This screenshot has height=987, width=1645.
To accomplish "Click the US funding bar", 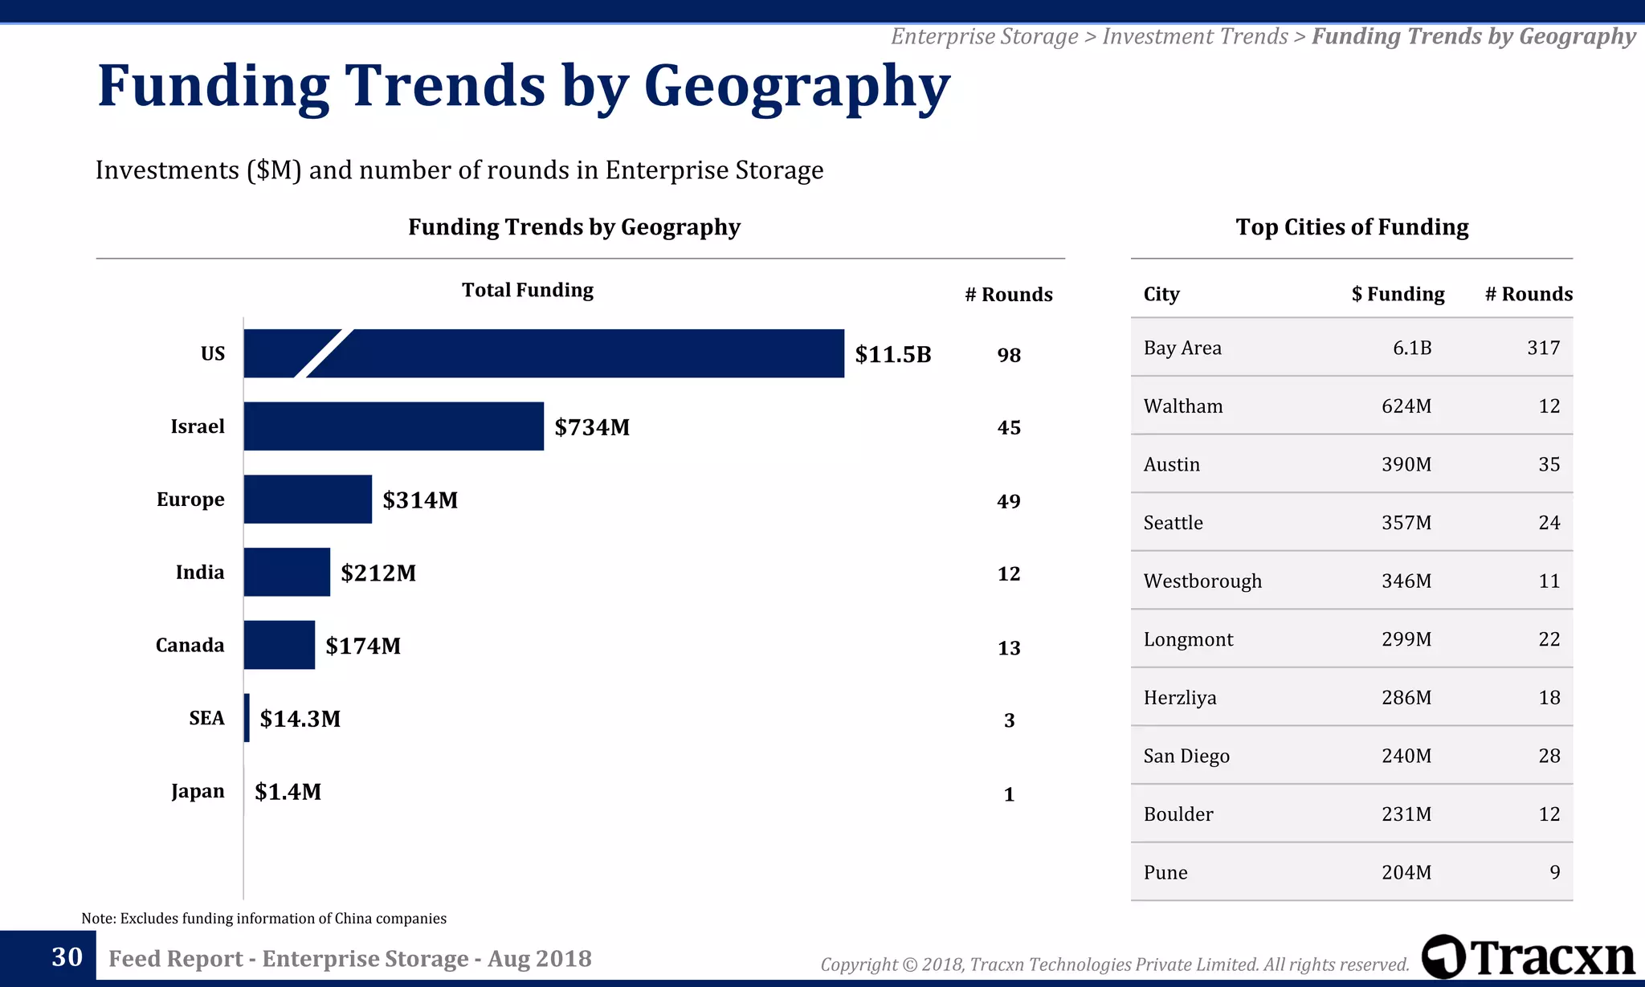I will tap(562, 353).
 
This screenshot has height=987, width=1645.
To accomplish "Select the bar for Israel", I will tap(394, 426).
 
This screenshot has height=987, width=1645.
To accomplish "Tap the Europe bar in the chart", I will tap(308, 500).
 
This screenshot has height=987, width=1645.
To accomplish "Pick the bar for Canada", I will tap(279, 645).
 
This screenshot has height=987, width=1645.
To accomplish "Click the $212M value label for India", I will tap(378, 573).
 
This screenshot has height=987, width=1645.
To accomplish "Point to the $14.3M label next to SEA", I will tap(300, 718).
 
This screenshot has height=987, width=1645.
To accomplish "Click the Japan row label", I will tap(198, 791).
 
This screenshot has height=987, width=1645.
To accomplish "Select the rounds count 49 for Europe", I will tap(1009, 501).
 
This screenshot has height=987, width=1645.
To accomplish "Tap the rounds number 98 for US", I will tap(1009, 355).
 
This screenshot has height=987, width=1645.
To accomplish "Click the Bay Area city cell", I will tap(1182, 348).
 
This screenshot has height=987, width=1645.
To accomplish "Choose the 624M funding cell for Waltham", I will tap(1406, 406).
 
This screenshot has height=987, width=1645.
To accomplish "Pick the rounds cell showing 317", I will tap(1543, 348).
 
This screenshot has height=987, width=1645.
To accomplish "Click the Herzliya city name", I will tap(1180, 697).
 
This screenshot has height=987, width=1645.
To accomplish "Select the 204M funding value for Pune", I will tap(1406, 872).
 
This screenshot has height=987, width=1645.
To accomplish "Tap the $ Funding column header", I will tap(1398, 294).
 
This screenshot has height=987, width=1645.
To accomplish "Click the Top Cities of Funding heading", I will tap(1352, 227).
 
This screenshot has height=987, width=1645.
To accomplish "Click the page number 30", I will tap(67, 956).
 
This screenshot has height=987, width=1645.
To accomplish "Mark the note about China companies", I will tap(263, 918).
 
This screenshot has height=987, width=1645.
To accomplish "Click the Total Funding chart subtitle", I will tap(527, 290).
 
